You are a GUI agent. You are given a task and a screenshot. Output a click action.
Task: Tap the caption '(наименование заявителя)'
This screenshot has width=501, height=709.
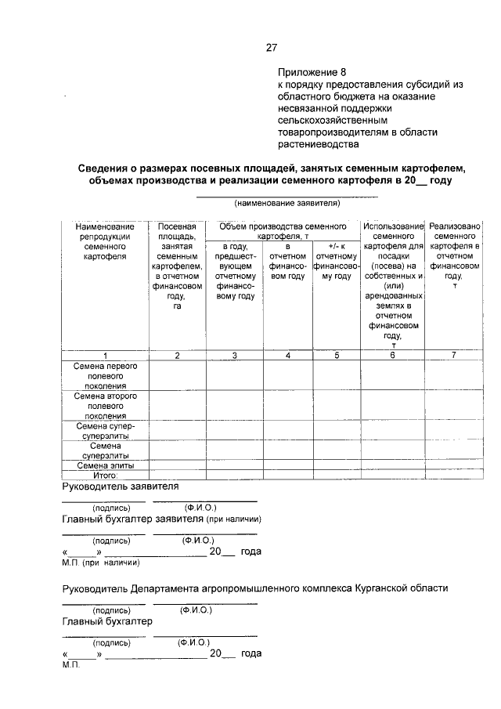coord(287,203)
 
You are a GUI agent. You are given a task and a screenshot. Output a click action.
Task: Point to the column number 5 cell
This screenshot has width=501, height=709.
coord(336,356)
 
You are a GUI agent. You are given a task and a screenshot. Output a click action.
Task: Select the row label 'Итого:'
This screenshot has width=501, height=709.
coord(105,474)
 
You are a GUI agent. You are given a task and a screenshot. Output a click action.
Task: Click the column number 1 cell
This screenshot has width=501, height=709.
coord(106,356)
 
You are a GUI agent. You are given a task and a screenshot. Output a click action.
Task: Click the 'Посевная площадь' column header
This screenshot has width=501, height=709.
coord(177,266)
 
